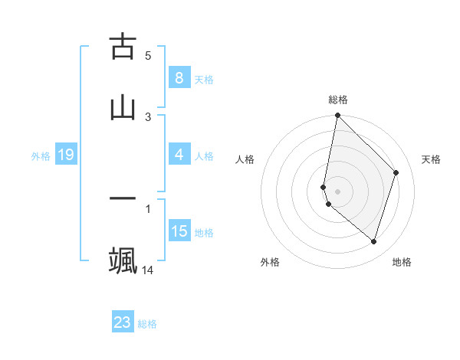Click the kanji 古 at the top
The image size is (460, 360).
click(x=123, y=47)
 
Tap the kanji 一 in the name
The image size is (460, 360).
click(x=123, y=198)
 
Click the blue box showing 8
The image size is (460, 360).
click(x=179, y=77)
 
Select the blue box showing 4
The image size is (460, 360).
click(x=179, y=155)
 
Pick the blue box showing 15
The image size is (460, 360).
click(x=179, y=231)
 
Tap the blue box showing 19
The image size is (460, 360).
click(x=65, y=155)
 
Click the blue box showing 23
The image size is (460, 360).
click(x=123, y=322)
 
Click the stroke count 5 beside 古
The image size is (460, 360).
click(x=148, y=55)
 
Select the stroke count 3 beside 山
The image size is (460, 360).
click(x=148, y=116)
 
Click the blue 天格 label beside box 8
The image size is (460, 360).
click(x=204, y=79)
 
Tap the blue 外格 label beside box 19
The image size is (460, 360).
click(x=41, y=155)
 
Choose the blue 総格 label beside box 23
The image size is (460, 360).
click(x=148, y=324)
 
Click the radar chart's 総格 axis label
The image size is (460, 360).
click(x=338, y=100)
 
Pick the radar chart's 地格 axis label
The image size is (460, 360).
click(x=402, y=262)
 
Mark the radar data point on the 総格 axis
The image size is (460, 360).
click(x=337, y=115)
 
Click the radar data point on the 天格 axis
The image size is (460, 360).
click(x=396, y=172)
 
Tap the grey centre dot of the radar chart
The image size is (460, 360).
click(x=337, y=191)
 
